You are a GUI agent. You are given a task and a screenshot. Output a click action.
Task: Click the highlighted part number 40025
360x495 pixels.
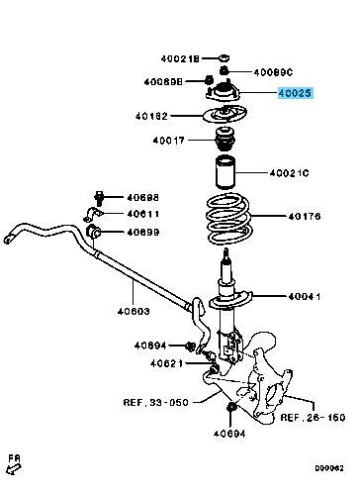pyautogui.click(x=295, y=93)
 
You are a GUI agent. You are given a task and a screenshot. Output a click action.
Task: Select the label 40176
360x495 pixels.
pyautogui.click(x=304, y=217)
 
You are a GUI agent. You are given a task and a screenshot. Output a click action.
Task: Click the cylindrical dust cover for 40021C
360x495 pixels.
pyautogui.click(x=225, y=172)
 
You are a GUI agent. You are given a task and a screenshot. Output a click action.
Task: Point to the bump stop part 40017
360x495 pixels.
pyautogui.click(x=225, y=140)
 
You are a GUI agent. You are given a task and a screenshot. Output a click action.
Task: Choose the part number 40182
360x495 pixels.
pyautogui.click(x=151, y=116)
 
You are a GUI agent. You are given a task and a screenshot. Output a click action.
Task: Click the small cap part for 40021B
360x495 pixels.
pyautogui.click(x=225, y=58)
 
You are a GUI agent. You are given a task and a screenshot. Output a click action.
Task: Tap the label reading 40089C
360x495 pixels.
pyautogui.click(x=273, y=72)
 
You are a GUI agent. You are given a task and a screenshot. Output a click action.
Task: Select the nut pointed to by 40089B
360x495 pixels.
pyautogui.click(x=209, y=80)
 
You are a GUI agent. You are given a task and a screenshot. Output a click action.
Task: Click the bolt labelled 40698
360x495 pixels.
pyautogui.click(x=99, y=198)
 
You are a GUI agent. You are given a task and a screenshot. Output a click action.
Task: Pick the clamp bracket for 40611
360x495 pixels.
pyautogui.click(x=92, y=215)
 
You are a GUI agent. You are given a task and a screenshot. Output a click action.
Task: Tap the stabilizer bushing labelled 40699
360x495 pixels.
pyautogui.click(x=93, y=232)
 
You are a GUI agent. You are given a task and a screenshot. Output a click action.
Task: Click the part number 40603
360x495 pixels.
pyautogui.click(x=134, y=311)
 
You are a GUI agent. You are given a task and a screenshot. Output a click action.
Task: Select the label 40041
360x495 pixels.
pyautogui.click(x=304, y=296)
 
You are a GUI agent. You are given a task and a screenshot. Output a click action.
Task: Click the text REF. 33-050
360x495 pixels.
pyautogui.click(x=156, y=402)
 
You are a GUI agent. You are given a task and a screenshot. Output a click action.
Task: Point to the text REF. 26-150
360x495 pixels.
pyautogui.click(x=313, y=418)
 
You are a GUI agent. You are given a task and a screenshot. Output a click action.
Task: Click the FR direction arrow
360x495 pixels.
pyautogui.click(x=14, y=469)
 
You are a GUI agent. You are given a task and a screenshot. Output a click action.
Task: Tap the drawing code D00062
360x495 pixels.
pyautogui.click(x=329, y=468)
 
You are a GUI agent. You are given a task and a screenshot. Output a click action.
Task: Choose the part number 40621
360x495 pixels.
pyautogui.click(x=166, y=363)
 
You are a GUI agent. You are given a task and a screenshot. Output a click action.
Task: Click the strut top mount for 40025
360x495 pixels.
pyautogui.click(x=224, y=92)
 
